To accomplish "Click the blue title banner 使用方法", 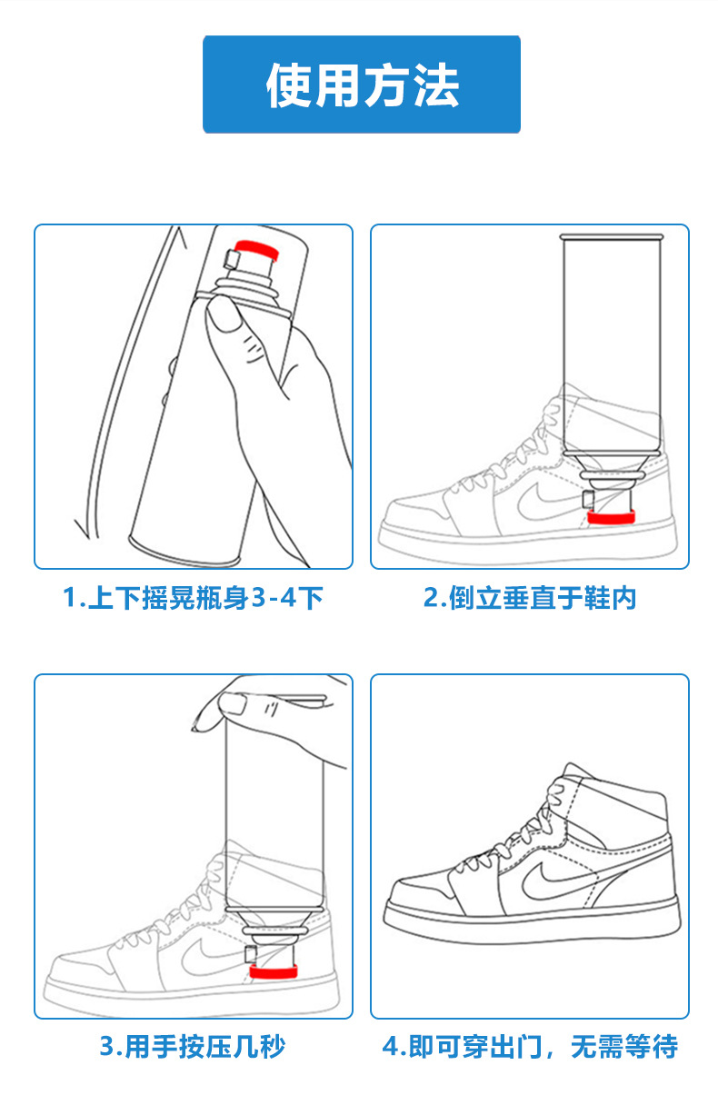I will point(361,85).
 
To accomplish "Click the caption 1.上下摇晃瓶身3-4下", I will point(193,598).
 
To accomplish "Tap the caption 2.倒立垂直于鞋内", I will point(530,598).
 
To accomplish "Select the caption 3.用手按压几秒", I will point(193,1047).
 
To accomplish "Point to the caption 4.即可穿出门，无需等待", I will point(530,1047).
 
